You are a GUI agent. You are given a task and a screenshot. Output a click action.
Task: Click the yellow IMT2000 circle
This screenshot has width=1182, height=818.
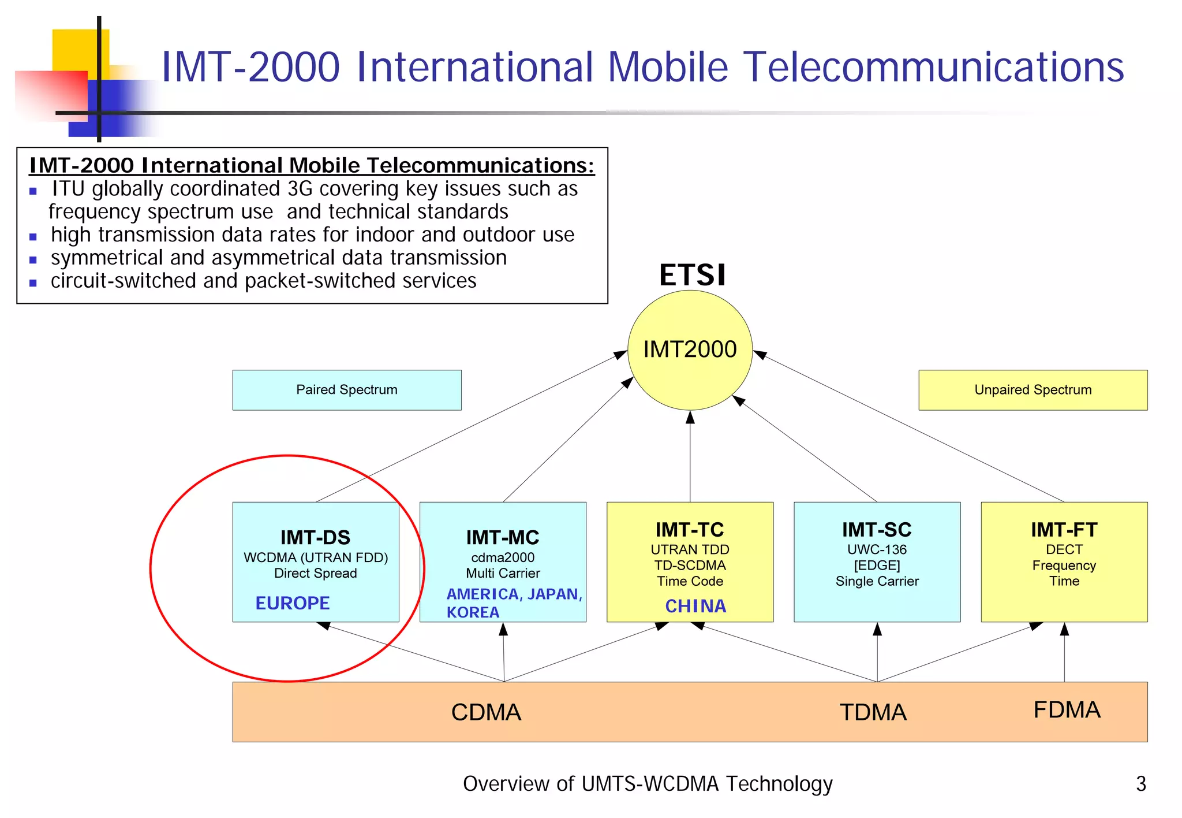click(690, 350)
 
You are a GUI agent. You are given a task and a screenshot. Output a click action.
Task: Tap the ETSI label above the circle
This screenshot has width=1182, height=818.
click(692, 275)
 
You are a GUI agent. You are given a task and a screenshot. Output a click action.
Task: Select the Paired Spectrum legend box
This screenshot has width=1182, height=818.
click(347, 390)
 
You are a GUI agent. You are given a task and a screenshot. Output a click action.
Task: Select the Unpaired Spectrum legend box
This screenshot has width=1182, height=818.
click(1033, 390)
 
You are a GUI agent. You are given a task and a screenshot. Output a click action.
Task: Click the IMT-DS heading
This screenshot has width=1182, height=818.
click(315, 537)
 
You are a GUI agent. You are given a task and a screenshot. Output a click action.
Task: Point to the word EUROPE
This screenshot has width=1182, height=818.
click(293, 603)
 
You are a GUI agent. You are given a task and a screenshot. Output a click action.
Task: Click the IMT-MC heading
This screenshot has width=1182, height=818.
click(503, 537)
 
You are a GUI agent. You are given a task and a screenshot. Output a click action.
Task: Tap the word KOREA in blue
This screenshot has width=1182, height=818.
click(473, 612)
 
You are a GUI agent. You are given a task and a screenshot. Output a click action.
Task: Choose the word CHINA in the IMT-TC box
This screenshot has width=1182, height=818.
click(695, 606)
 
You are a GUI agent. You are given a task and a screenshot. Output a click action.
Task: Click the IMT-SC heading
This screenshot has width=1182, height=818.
click(877, 530)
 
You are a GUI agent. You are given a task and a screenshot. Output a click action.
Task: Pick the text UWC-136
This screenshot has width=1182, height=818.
click(877, 549)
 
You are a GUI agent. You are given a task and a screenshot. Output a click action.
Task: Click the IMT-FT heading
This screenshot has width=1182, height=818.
click(1064, 530)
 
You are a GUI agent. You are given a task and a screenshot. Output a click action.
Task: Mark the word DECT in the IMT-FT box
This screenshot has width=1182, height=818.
click(1064, 549)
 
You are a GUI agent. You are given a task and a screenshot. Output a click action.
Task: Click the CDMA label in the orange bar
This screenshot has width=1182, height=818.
click(486, 712)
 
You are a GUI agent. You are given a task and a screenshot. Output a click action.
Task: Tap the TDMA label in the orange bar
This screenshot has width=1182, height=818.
click(873, 712)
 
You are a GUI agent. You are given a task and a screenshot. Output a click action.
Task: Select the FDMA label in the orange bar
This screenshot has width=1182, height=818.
click(1067, 710)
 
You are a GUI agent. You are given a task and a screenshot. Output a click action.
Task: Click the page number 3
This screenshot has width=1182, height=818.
click(1140, 784)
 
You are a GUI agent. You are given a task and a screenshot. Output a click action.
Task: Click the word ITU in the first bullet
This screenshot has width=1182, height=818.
click(68, 189)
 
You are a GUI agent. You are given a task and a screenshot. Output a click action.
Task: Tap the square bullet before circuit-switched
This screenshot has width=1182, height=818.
click(33, 283)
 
